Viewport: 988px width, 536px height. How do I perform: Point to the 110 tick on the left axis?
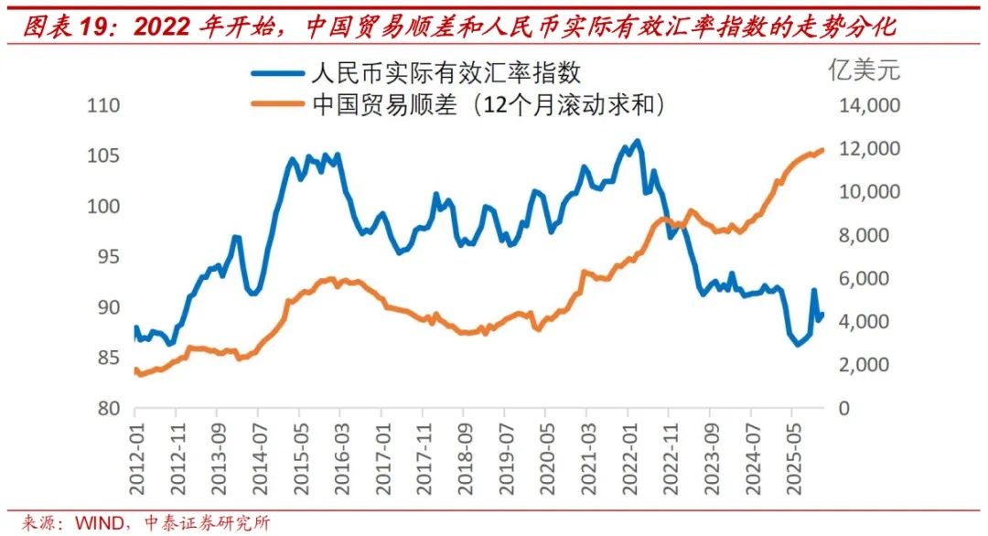coord(103,106)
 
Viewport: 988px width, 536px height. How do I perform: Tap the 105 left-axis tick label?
coord(103,156)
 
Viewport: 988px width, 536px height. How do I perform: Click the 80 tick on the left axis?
coord(108,408)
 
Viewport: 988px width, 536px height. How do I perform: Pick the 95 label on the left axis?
coord(108,257)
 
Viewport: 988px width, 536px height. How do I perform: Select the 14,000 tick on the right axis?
coord(871,106)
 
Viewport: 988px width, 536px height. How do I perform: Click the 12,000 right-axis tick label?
coord(871,149)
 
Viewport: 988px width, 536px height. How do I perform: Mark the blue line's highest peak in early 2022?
coord(638,141)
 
